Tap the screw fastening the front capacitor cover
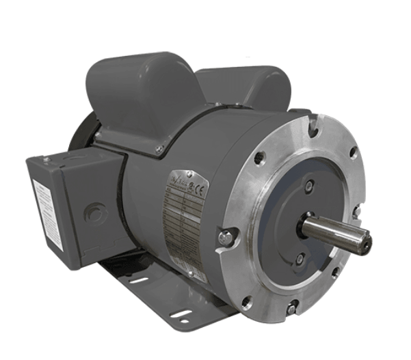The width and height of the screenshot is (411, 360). coord(159,150)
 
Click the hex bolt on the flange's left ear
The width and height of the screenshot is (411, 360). coord(225,237)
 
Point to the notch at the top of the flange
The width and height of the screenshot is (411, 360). coord(313,124)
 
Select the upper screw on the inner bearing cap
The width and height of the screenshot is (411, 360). coord(310,186)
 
